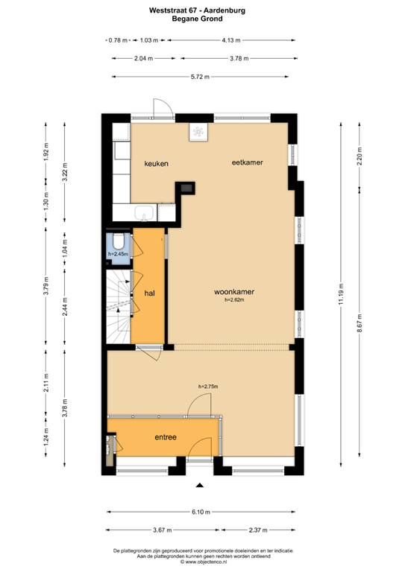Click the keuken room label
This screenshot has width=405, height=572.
(x=157, y=163)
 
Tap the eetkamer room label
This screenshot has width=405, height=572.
(x=247, y=162)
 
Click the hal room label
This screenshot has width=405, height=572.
(x=148, y=293)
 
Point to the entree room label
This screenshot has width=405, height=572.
(x=165, y=437)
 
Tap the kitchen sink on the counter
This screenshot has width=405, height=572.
(x=144, y=215)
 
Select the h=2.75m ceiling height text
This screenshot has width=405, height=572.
(x=208, y=387)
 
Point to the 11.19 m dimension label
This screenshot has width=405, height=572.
(x=342, y=292)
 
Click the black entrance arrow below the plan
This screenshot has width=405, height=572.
(x=200, y=486)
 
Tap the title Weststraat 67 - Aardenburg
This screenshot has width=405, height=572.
(x=201, y=10)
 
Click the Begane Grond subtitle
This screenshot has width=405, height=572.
(x=201, y=20)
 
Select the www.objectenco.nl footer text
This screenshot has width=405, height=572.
(x=203, y=563)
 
